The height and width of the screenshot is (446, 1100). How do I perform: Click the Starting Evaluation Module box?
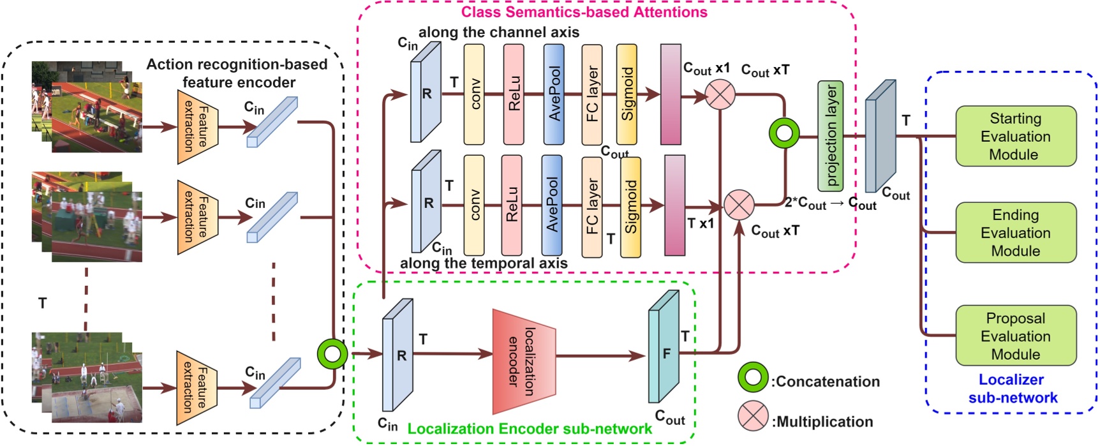[1015, 136]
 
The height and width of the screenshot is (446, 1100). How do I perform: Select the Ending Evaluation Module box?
[1015, 232]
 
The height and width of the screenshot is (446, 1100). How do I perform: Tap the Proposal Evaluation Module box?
[1015, 336]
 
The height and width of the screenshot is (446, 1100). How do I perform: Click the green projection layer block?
[831, 136]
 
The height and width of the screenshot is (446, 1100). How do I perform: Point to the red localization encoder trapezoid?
[524, 361]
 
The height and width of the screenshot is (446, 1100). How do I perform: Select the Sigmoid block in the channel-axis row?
[627, 94]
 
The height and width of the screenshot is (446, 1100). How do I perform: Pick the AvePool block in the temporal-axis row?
[552, 205]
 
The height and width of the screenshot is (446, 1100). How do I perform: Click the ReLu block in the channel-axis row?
[514, 94]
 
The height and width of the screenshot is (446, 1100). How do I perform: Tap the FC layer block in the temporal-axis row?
[591, 207]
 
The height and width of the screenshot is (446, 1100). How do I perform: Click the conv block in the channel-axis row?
[474, 94]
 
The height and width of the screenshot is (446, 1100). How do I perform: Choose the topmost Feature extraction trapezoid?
[197, 126]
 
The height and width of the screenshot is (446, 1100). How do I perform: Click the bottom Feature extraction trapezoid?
[197, 387]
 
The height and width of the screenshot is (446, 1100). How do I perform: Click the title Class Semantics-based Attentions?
[584, 12]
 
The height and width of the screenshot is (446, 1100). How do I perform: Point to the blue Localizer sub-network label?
[1013, 389]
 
